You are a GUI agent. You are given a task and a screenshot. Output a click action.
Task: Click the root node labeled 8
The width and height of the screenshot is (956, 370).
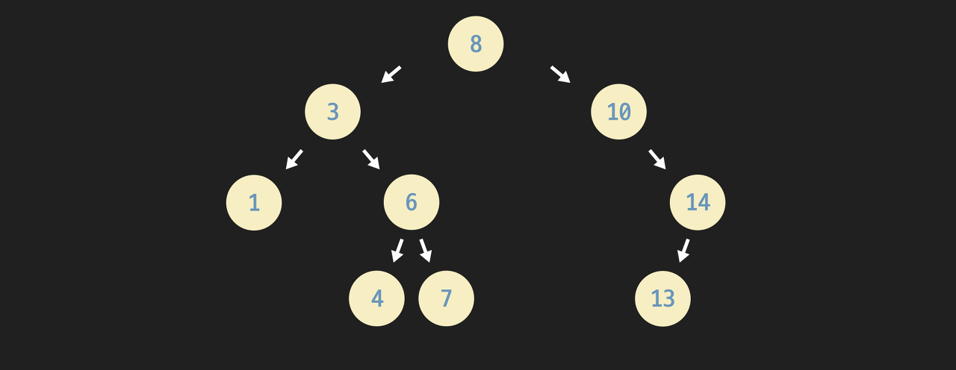476,44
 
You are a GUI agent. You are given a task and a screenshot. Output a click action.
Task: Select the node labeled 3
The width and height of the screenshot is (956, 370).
332,112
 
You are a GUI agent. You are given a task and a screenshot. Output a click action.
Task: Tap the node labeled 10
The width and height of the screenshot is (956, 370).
618,112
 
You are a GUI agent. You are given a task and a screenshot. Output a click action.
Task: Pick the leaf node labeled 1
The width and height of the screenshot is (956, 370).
254,202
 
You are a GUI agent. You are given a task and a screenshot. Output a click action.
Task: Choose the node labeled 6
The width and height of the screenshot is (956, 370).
412,202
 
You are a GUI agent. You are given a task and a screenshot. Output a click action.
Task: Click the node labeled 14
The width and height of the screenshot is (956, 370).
698,202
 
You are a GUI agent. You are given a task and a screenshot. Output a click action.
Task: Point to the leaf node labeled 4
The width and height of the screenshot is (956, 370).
376,298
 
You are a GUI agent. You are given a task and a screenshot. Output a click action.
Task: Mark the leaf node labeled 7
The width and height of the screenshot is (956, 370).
446,298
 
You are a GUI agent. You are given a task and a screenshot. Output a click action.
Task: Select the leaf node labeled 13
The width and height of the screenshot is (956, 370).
662,298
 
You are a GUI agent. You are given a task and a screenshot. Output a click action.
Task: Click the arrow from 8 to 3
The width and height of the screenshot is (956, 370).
391,75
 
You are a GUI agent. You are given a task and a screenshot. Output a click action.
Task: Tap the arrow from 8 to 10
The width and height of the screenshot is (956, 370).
560,75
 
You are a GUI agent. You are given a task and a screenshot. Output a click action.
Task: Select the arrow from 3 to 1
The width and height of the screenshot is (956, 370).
294,159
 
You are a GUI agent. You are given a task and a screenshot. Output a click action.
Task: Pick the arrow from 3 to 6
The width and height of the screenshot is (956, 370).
371,159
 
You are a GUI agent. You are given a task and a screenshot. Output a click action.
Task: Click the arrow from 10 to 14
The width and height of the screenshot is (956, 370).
657,159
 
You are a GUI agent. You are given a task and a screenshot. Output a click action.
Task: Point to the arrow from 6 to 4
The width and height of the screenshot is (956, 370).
397,251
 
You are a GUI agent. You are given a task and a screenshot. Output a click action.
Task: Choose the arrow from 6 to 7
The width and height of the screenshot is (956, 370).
426,251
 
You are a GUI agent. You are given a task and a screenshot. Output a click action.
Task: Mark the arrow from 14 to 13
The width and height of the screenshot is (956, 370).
683,251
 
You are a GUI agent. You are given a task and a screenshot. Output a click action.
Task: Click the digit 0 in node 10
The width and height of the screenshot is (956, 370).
625,112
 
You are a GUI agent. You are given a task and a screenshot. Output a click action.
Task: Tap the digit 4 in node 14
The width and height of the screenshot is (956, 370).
704,202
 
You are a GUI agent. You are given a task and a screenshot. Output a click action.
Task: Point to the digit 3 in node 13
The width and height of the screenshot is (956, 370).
669,298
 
